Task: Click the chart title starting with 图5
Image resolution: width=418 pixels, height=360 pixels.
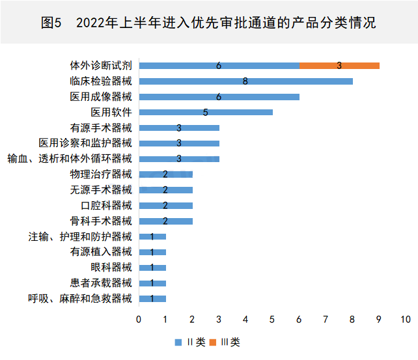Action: point(208,23)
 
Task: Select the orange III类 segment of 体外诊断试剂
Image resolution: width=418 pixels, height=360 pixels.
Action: point(339,65)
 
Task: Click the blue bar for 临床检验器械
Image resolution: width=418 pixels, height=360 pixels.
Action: point(245,81)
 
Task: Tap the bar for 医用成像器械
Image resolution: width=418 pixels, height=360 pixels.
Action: point(219,96)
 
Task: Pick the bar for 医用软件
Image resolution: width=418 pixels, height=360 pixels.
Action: point(206,112)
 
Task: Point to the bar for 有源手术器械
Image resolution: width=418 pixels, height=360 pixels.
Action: point(179,128)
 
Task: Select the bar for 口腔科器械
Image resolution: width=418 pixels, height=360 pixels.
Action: point(165,205)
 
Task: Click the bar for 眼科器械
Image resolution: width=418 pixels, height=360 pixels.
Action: point(152,268)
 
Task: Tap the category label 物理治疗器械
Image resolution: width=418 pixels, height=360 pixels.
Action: point(101,174)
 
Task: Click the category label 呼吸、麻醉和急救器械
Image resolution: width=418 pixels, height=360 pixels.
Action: point(79,299)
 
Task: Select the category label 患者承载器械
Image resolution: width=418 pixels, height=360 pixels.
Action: point(101,283)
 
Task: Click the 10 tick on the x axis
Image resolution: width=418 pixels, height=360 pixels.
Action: point(406,320)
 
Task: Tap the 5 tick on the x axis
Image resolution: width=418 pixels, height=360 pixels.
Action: point(272,320)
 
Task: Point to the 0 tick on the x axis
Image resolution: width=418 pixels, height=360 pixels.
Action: point(139,320)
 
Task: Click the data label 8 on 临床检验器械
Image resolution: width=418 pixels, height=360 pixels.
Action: point(245,81)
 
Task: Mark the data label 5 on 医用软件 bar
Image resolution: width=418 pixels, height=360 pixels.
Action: point(205,112)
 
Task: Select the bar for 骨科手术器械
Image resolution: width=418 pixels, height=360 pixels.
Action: point(165,221)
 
